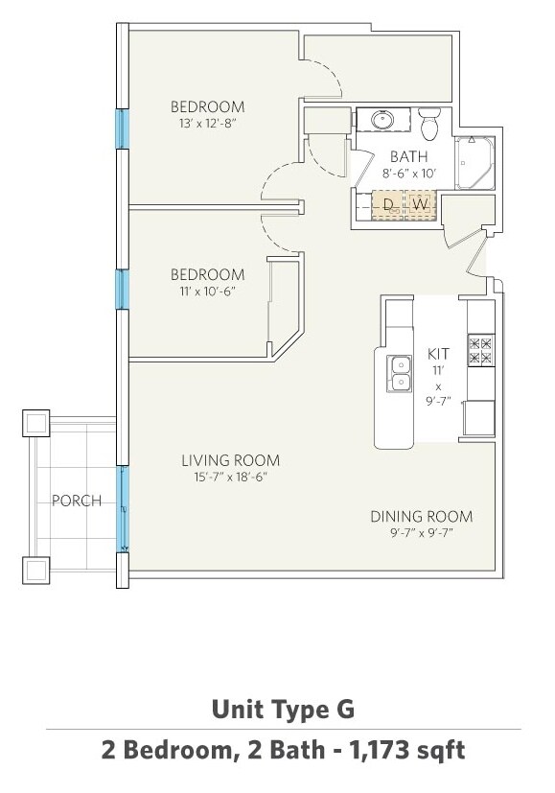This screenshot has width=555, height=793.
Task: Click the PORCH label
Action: click(x=77, y=501)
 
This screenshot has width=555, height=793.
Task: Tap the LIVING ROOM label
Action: click(x=230, y=460)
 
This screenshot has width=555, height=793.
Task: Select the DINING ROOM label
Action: click(x=422, y=516)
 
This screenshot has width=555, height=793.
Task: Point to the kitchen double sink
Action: click(x=400, y=373)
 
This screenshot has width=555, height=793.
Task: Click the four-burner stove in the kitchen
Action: click(x=480, y=351)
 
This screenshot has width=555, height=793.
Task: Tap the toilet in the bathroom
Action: click(x=430, y=123)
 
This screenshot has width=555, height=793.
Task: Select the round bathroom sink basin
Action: click(x=383, y=120)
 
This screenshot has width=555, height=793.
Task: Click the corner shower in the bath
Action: click(x=474, y=163)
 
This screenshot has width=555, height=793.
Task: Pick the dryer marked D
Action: click(x=388, y=205)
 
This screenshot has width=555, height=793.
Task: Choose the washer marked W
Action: click(x=420, y=205)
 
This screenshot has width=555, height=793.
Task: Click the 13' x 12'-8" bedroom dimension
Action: click(x=208, y=123)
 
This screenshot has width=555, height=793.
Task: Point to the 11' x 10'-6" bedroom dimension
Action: click(x=208, y=291)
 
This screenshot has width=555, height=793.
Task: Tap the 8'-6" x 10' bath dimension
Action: click(x=409, y=173)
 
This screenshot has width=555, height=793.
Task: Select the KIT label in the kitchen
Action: click(x=438, y=353)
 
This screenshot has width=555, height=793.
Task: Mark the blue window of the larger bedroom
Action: click(x=123, y=128)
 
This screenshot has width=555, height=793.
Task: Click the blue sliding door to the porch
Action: click(x=123, y=509)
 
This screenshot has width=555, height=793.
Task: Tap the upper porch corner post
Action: click(x=35, y=423)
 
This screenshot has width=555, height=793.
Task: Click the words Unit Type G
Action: click(x=283, y=709)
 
